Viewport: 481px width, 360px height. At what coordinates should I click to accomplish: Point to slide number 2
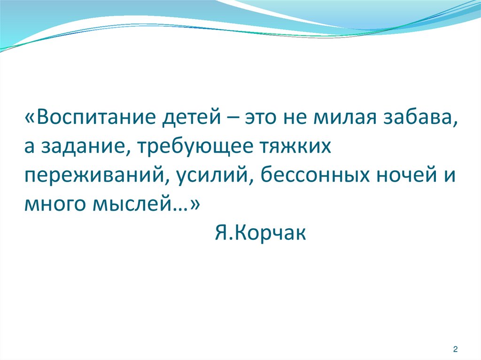(455, 349)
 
